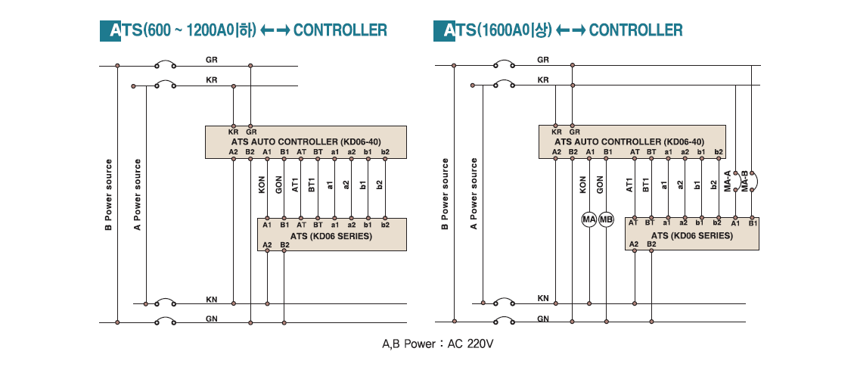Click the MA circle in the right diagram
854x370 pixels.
tap(589, 219)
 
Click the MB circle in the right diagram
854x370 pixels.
tap(606, 219)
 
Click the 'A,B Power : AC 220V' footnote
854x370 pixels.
tap(438, 344)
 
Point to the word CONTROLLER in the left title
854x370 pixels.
tap(340, 30)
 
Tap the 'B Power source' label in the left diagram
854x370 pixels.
tap(108, 194)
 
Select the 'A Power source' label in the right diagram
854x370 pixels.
tap(474, 194)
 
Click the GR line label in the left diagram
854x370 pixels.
tap(212, 59)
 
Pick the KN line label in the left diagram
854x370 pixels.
tap(211, 299)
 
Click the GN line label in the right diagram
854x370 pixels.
tap(543, 319)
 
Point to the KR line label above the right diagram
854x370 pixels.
tap(543, 80)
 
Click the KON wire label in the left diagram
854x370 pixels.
tap(262, 186)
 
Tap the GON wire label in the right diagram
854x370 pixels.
tap(600, 185)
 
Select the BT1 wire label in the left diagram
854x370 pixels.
tap(312, 186)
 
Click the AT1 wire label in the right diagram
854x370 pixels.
tap(629, 185)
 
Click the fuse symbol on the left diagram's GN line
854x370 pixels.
tap(166, 322)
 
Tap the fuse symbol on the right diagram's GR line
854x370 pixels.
tap(504, 65)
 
